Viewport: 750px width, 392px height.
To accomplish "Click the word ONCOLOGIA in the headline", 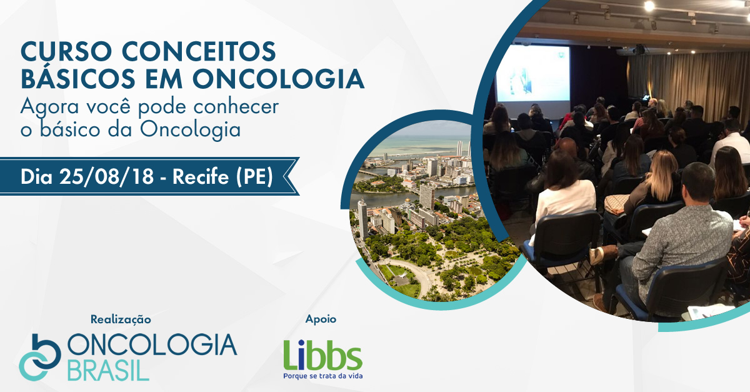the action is coord(278,79).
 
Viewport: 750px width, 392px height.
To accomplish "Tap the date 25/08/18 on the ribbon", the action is coord(106,176).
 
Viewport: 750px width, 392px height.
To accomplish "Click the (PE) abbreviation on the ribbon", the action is coord(255,176).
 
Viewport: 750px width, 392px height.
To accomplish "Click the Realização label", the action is coord(121,319).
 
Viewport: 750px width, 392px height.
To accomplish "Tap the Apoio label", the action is coord(321,319).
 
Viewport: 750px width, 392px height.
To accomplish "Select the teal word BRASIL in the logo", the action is coord(108,370).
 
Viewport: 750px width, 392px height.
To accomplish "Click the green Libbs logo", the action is coord(322,355).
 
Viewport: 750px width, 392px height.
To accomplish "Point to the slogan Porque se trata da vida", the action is coord(322,376).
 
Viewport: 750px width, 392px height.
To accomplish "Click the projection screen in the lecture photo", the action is coord(533,73).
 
